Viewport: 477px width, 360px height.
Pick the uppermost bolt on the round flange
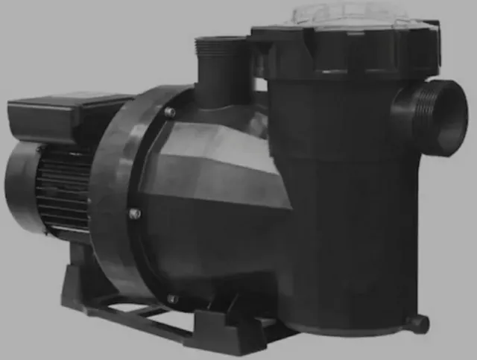coord(170,112)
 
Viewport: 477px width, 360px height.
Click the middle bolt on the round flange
coord(135,214)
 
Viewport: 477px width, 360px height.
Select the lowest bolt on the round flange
coord(173,298)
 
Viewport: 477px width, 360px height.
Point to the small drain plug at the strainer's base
coord(419,323)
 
